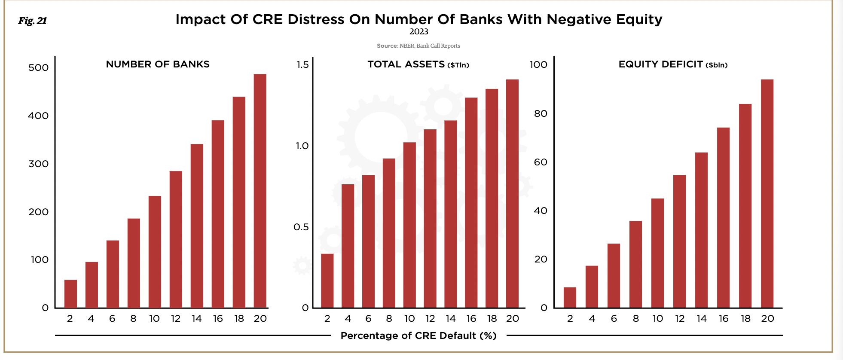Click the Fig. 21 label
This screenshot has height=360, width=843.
tap(32, 21)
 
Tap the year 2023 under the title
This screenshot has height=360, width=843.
tap(418, 32)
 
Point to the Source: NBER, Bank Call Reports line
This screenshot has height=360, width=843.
tap(418, 46)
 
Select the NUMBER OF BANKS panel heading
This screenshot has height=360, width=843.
tap(158, 64)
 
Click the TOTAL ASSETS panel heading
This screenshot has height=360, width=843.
tap(418, 64)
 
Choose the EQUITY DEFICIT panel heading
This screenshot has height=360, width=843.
tap(673, 64)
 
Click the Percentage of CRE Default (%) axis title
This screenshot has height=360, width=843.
tap(418, 336)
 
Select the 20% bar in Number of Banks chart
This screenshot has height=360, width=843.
tap(260, 191)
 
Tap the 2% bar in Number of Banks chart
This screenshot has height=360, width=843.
tap(70, 294)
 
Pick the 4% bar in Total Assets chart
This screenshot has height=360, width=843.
tap(348, 246)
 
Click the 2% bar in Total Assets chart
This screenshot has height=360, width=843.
tap(327, 281)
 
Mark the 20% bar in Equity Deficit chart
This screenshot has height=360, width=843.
tap(767, 193)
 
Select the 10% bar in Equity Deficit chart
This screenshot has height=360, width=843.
tap(657, 253)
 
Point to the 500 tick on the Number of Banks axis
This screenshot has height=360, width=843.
tap(38, 68)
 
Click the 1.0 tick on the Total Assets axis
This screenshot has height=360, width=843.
tap(302, 146)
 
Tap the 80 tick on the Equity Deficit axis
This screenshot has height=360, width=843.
tap(541, 114)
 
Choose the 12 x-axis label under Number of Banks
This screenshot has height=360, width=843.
tap(175, 319)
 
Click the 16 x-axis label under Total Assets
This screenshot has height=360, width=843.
tap(471, 319)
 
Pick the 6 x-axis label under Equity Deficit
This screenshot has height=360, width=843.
tap(614, 319)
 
